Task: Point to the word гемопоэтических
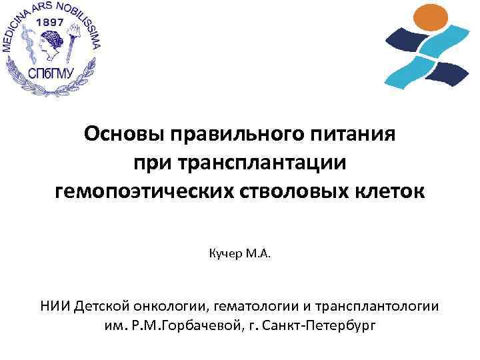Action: [x=142, y=193]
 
